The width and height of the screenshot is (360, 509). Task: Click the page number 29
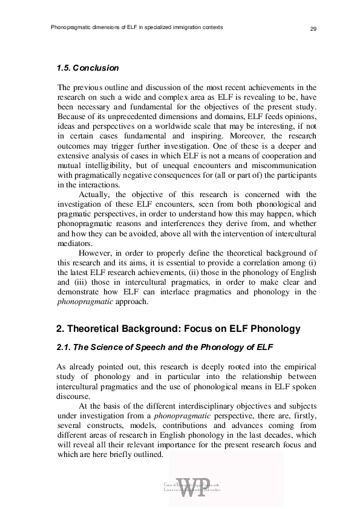coord(313,28)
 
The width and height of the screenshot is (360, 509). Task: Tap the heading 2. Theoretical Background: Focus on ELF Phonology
coord(178,328)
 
